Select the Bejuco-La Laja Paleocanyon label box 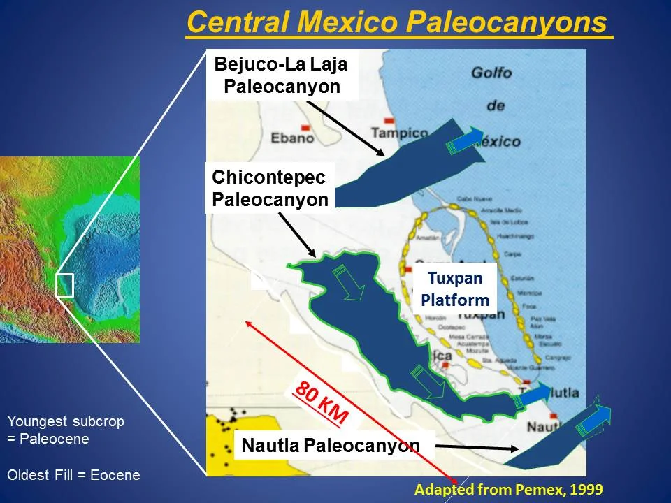280,75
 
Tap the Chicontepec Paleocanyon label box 270,187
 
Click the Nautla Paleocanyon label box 331,445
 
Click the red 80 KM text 322,403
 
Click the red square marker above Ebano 305,127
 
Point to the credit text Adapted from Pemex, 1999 508,489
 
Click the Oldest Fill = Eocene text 73,475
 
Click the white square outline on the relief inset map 64,285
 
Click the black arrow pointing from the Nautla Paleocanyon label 468,447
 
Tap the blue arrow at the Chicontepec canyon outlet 535,395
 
